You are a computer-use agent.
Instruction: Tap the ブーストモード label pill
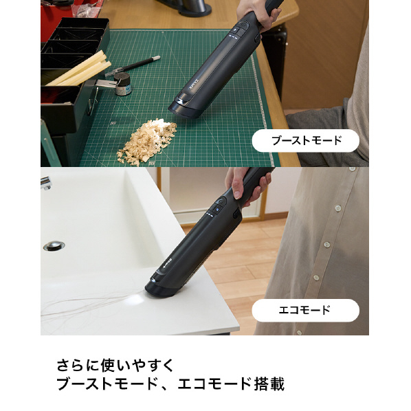(x=305, y=141)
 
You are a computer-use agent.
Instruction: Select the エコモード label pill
(x=305, y=311)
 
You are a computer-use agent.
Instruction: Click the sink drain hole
(x=54, y=245)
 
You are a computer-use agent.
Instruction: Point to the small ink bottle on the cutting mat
(x=123, y=85)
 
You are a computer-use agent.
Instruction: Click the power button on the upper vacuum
(x=242, y=28)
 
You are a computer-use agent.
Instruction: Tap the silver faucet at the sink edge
(x=46, y=183)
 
